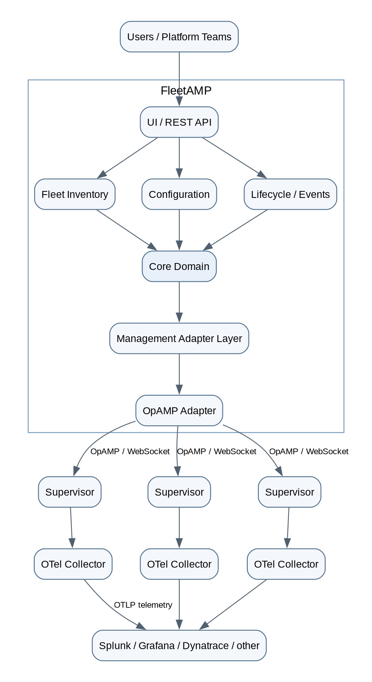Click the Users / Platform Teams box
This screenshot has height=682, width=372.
pos(179,37)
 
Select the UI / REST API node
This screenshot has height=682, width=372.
pos(179,122)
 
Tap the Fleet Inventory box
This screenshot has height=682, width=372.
pos(75,194)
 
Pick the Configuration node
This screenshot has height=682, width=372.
pos(179,194)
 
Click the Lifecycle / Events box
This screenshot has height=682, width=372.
pos(291,194)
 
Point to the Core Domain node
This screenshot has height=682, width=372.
pos(179,266)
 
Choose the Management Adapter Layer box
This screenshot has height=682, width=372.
pos(179,339)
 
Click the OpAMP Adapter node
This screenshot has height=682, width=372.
pos(179,411)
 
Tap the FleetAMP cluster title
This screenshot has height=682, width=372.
pos(186,90)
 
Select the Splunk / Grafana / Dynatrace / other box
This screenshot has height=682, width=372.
pos(179,645)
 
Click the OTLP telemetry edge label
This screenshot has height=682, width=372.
pos(143,605)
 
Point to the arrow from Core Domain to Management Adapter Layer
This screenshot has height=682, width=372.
pos(179,302)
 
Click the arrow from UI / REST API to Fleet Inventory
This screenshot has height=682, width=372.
pos(128,158)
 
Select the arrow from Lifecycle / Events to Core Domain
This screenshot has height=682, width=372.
pos(235,230)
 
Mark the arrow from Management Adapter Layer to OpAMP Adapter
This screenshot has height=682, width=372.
pos(179,374)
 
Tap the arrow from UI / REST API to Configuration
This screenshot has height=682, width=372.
pos(179,158)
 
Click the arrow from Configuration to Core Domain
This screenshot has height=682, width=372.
pos(179,230)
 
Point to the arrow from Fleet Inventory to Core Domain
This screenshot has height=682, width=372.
pos(127,230)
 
